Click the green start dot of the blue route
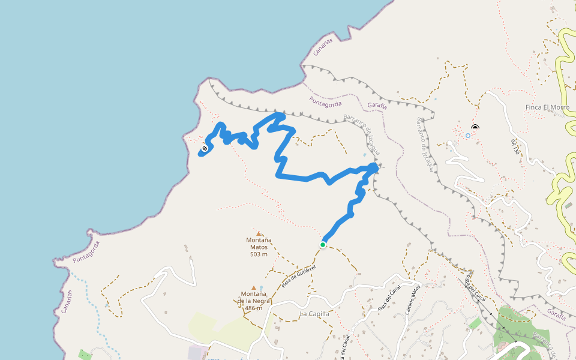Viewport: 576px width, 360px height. [323, 245]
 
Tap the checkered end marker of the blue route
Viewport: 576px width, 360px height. [205, 148]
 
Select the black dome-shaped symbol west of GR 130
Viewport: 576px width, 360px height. [475, 127]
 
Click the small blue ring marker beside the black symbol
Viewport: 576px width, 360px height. [468, 136]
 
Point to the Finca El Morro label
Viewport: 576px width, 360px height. [547, 107]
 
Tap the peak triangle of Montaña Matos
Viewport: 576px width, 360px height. [259, 233]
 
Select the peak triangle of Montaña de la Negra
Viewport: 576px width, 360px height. [254, 288]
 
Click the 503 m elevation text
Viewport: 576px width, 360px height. [259, 254]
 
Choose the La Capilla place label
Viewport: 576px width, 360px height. [314, 314]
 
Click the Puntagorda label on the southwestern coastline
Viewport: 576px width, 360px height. [86, 253]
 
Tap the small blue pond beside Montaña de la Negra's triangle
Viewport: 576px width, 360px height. [261, 287]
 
